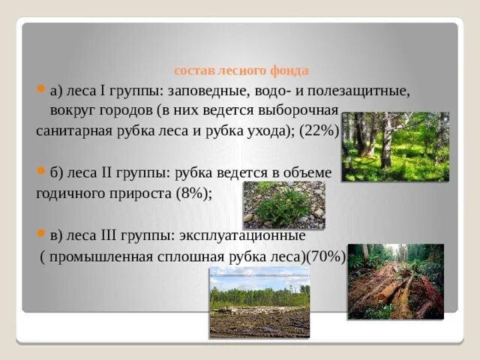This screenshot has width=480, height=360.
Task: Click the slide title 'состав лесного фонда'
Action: coord(241,71)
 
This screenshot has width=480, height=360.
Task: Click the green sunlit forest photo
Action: coord(395,147)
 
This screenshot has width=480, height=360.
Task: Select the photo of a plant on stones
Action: coord(283,205)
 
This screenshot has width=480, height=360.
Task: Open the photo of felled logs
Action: coord(395,281)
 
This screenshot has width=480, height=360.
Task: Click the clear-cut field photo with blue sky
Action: coord(259,301)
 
